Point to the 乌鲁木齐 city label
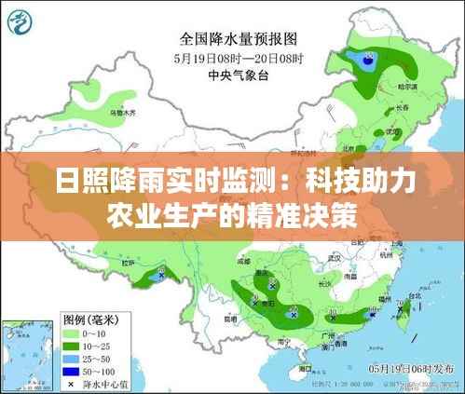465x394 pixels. [x=122, y=112]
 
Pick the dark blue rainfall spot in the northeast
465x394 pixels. [x=365, y=58]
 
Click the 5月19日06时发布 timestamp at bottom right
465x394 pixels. [x=411, y=367]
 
